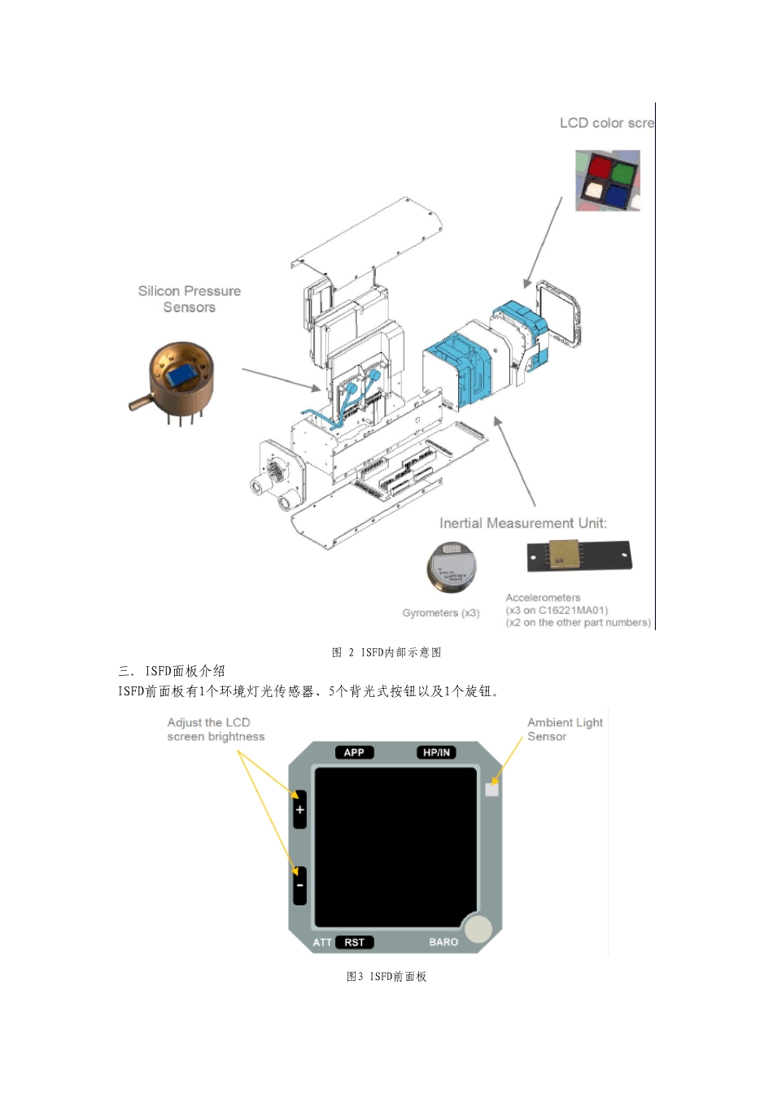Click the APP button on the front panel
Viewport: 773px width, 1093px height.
pos(354,752)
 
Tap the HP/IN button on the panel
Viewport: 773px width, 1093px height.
pos(436,752)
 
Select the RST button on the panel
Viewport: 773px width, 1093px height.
pos(355,943)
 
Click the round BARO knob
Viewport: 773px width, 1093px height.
pos(478,929)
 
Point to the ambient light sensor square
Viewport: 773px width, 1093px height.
pos(491,789)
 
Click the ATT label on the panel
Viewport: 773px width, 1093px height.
pos(322,943)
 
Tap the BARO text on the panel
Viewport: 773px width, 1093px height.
pos(443,943)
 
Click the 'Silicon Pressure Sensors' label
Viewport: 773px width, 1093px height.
pos(189,298)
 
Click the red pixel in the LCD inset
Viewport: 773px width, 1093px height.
pos(600,168)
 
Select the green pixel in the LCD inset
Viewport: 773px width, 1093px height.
pos(624,172)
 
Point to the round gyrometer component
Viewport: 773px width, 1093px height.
pos(452,566)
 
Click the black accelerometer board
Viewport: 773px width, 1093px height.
pos(579,555)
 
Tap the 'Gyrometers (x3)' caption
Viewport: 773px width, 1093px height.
pos(441,613)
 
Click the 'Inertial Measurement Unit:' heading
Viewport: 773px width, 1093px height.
pos(523,523)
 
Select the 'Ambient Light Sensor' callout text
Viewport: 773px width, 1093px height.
pos(565,729)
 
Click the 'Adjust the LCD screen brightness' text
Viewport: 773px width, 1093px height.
pos(216,729)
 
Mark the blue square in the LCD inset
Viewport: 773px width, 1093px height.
pos(618,194)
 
